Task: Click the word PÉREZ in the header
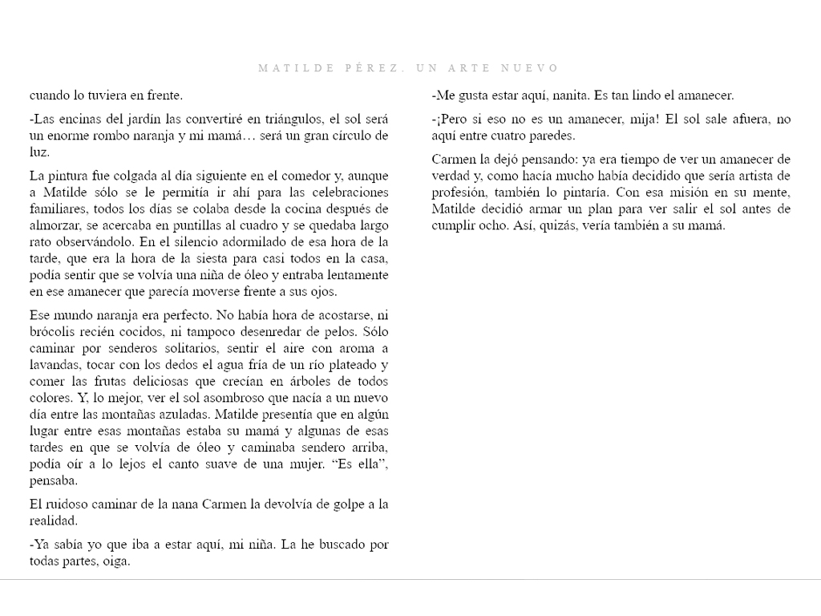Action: point(374,69)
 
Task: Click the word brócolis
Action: point(55,330)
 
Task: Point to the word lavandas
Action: point(55,364)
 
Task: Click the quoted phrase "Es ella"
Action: point(355,464)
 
